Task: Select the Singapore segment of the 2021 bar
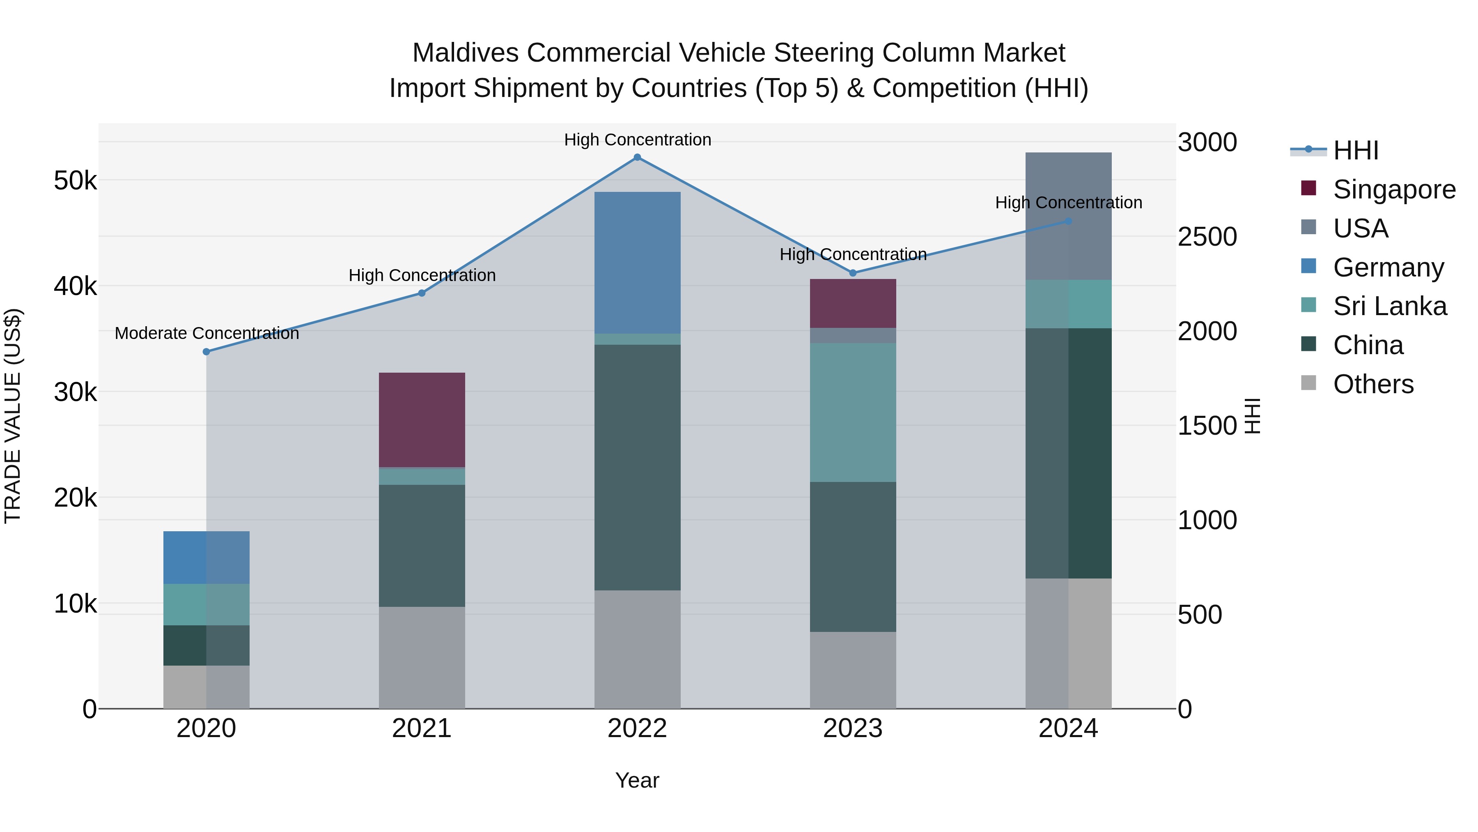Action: tap(422, 420)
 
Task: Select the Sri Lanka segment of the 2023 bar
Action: tap(853, 412)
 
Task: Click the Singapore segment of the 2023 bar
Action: tap(853, 304)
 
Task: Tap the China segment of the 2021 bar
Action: tap(422, 546)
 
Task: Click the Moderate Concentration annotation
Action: tap(207, 333)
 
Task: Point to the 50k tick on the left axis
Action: tap(75, 181)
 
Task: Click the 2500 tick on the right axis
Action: tap(1207, 237)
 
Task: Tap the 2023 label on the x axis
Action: tap(853, 728)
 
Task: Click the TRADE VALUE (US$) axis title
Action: tap(13, 416)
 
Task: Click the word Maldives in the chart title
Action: tap(465, 53)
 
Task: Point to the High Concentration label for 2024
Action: tap(1068, 203)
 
